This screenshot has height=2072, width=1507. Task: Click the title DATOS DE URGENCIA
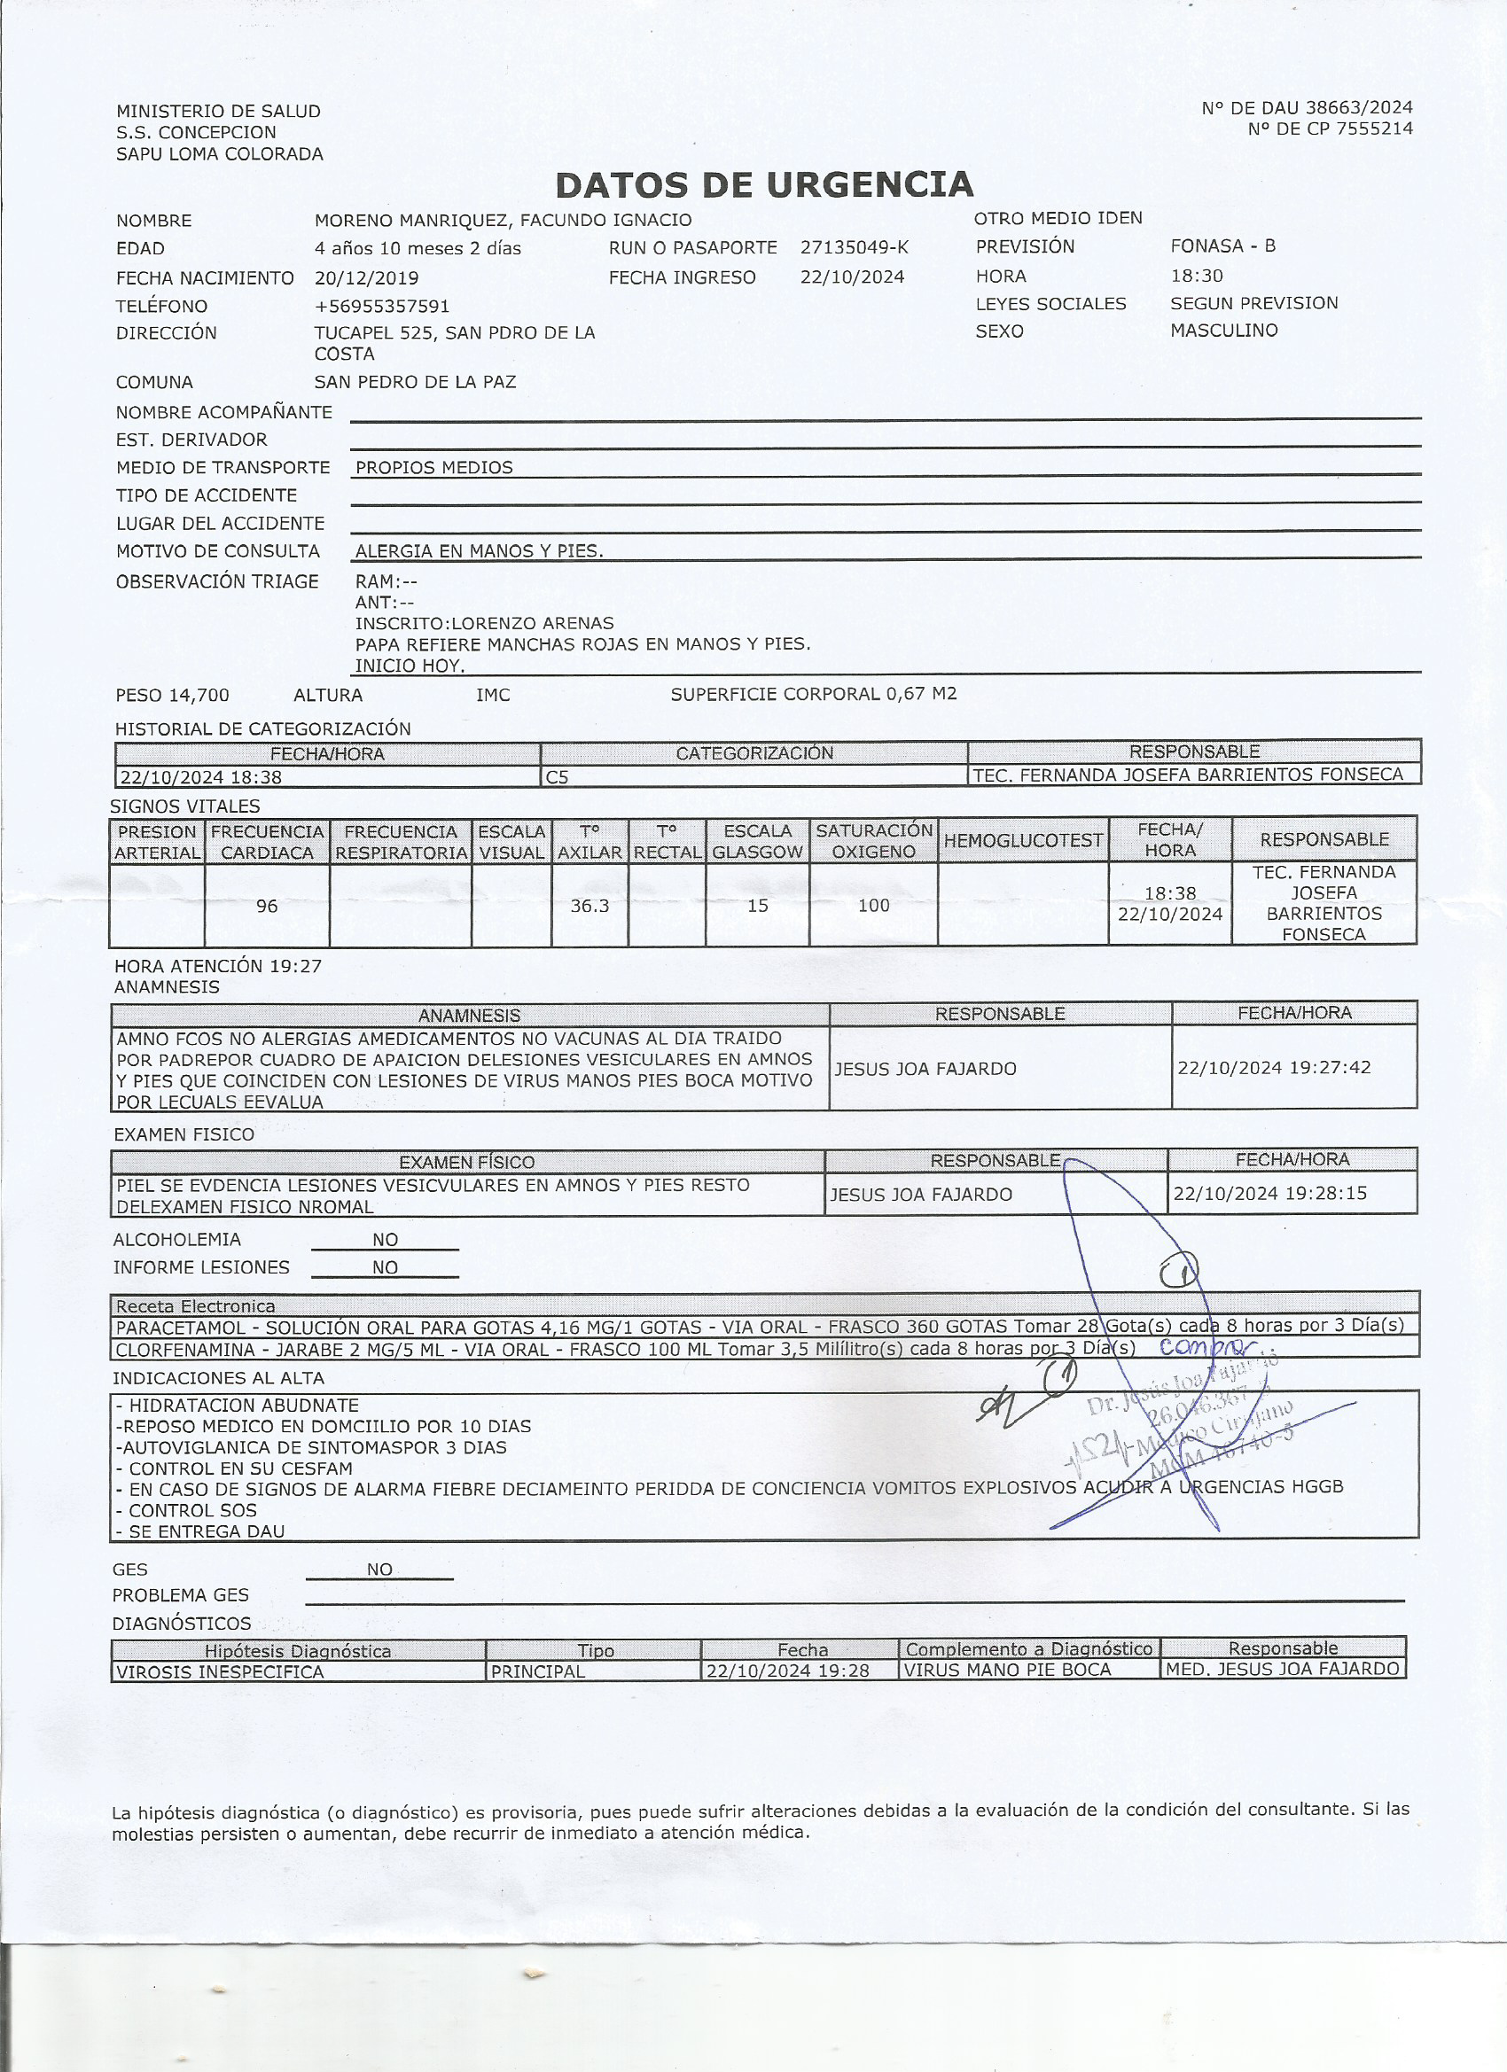click(x=764, y=185)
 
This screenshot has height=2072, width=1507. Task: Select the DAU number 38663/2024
click(x=1358, y=109)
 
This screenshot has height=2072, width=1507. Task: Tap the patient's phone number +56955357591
click(x=382, y=306)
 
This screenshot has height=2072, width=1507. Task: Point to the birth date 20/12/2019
click(x=366, y=277)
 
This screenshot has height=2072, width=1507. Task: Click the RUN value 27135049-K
click(x=855, y=247)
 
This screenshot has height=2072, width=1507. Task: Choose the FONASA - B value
click(x=1222, y=245)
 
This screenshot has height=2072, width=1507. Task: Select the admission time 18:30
click(x=1196, y=275)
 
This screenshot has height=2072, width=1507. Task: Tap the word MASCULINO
click(x=1223, y=330)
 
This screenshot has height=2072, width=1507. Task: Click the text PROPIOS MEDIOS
click(x=434, y=468)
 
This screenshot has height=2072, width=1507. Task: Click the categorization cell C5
click(x=557, y=777)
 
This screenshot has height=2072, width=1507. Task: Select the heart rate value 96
click(x=267, y=907)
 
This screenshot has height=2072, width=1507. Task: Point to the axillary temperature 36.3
click(x=590, y=907)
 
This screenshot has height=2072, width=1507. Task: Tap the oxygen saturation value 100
click(x=874, y=906)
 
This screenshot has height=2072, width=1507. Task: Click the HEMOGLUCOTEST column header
click(x=1023, y=840)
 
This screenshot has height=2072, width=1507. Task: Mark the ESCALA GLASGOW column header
click(x=758, y=841)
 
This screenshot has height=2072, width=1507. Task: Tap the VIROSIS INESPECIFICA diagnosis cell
click(x=220, y=1671)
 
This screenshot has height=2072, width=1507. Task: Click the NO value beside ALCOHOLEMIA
click(x=385, y=1240)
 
